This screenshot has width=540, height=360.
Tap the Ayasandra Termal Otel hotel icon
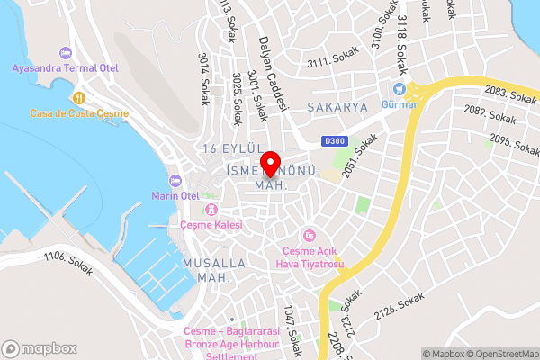62,52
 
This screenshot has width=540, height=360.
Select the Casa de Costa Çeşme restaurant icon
79,97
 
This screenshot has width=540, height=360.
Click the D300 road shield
334,141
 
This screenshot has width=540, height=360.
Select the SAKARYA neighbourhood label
337,107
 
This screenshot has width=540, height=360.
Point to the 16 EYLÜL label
233,148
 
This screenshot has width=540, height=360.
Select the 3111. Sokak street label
331,62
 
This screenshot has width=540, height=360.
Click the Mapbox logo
38,348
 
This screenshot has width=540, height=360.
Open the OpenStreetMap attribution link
499,354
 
